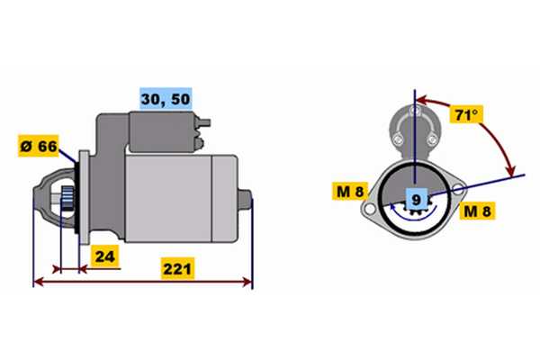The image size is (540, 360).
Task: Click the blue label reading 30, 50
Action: tap(166, 99)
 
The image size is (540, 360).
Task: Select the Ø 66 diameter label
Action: tap(39, 146)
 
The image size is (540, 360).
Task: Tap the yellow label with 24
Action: tap(104, 256)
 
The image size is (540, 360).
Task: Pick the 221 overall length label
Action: tap(177, 269)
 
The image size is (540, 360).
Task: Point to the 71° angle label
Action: tap(466, 114)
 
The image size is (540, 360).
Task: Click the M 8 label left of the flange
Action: tap(350, 191)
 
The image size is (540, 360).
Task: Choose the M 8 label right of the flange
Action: tap(477, 211)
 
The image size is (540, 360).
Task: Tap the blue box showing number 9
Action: tap(417, 199)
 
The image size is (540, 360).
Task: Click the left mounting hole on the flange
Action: tap(369, 209)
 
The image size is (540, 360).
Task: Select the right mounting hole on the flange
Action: tap(458, 188)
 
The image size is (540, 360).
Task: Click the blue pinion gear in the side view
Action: tap(67, 200)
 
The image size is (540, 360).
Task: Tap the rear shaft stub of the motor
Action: tap(245, 200)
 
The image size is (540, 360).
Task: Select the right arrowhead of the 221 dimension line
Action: tap(247, 282)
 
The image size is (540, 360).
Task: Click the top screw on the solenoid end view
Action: tap(415, 111)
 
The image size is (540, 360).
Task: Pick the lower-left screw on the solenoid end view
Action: tap(398, 139)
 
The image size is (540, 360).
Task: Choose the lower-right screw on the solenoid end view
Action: tap(431, 139)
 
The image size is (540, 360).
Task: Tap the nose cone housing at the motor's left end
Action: tap(55, 198)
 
